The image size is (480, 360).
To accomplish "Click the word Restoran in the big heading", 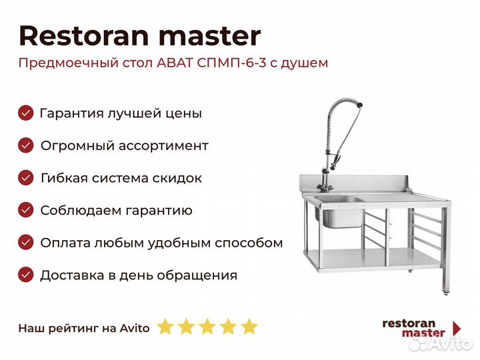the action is [84, 36].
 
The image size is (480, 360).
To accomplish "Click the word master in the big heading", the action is [210, 37].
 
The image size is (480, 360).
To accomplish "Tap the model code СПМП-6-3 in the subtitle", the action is [231, 63].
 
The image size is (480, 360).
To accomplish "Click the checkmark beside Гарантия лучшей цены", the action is [26, 113].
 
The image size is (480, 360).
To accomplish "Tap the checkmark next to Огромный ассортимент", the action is [26, 145].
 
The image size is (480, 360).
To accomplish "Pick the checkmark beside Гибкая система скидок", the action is [26, 177].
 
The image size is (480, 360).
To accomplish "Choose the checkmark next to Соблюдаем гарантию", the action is [26, 210].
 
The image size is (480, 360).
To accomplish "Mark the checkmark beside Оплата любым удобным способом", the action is [26, 243].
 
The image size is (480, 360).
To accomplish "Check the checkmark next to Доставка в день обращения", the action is [26, 275].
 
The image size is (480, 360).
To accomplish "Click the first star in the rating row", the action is [165, 327].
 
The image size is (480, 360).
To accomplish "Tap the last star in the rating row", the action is [249, 327].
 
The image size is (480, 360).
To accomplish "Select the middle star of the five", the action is [207, 327].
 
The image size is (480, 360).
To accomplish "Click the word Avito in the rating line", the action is [135, 328].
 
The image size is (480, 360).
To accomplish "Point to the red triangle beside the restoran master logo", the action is [457, 329].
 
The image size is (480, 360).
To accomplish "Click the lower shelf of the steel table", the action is [372, 259].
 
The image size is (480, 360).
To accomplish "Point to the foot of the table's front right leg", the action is [445, 293].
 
